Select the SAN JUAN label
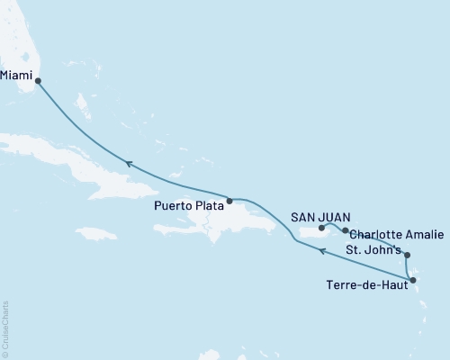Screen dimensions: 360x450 pyautogui.click(x=320, y=216)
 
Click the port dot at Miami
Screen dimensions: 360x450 pyautogui.click(x=38, y=80)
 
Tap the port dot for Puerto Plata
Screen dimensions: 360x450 pyautogui.click(x=229, y=201)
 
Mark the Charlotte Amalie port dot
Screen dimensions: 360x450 pyautogui.click(x=345, y=231)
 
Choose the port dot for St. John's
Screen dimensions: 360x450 pyautogui.click(x=407, y=255)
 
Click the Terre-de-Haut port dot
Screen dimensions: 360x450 pyautogui.click(x=412, y=281)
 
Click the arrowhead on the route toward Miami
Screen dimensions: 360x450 pyautogui.click(x=129, y=164)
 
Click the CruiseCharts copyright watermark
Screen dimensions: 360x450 pyautogui.click(x=5, y=329)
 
